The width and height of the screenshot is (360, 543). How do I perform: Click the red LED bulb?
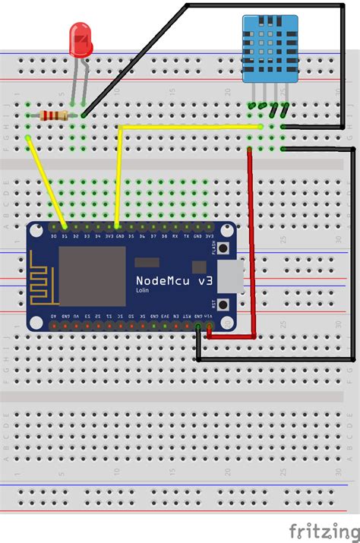79,39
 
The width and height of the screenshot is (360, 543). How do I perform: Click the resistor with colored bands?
54,115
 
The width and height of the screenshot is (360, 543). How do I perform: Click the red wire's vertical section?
251,243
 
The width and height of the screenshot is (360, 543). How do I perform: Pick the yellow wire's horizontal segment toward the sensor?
190,127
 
